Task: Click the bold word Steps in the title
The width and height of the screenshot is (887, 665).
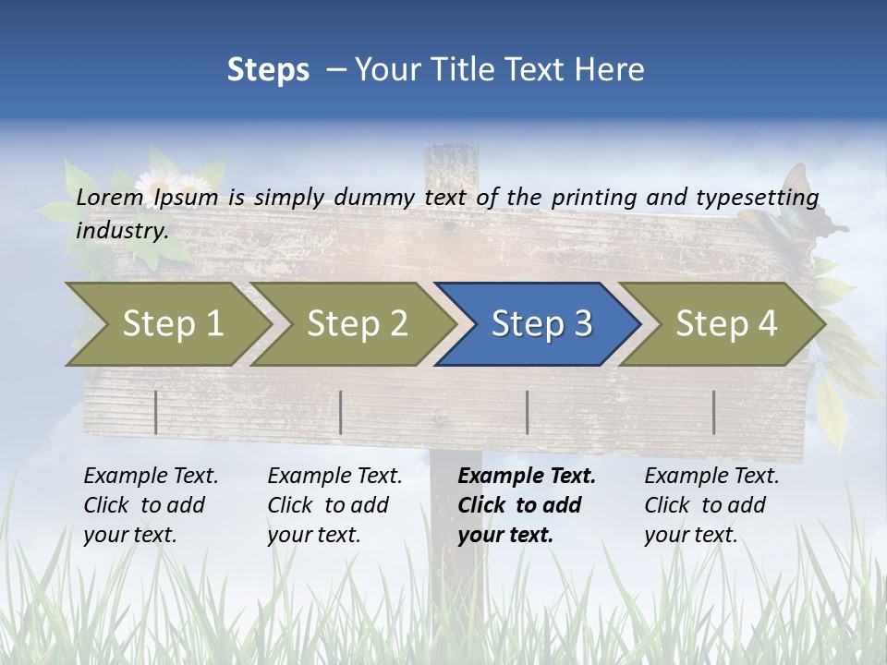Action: (268, 70)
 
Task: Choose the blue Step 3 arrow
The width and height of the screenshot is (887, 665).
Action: (541, 324)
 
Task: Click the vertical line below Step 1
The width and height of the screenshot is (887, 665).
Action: (155, 412)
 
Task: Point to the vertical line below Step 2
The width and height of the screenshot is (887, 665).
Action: (341, 412)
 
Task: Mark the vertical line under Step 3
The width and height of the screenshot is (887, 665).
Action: (527, 412)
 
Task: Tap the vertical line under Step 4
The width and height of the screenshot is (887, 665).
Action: (713, 412)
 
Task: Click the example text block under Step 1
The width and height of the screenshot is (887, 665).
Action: (151, 505)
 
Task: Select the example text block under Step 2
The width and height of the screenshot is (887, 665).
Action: (334, 505)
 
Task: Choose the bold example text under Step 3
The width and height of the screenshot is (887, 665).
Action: (526, 505)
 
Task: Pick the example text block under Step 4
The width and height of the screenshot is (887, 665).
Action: (711, 505)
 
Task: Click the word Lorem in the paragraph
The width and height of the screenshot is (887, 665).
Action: (110, 198)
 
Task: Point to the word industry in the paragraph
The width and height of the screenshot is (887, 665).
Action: (121, 231)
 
